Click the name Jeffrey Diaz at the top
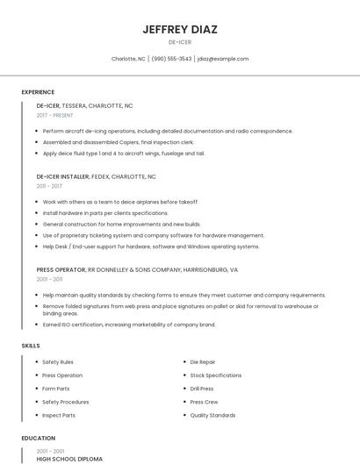pyautogui.click(x=179, y=29)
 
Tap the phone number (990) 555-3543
pyautogui.click(x=171, y=59)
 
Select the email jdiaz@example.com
pyautogui.click(x=223, y=59)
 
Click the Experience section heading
pyautogui.click(x=38, y=92)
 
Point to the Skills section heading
pyautogui.click(x=31, y=346)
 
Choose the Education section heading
pyautogui.click(x=39, y=438)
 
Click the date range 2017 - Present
pyautogui.click(x=55, y=115)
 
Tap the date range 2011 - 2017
pyautogui.click(x=49, y=186)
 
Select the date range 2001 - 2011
pyautogui.click(x=49, y=279)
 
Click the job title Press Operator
pyautogui.click(x=61, y=269)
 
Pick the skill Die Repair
pyautogui.click(x=203, y=361)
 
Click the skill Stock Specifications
pyautogui.click(x=215, y=375)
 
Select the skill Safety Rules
pyautogui.click(x=58, y=361)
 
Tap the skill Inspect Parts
pyautogui.click(x=59, y=415)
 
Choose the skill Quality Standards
pyautogui.click(x=212, y=415)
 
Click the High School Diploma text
pyautogui.click(x=69, y=459)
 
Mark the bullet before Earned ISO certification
pyautogui.click(x=37, y=325)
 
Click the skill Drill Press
pyautogui.click(x=202, y=389)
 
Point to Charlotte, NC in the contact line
pyautogui.click(x=128, y=59)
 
